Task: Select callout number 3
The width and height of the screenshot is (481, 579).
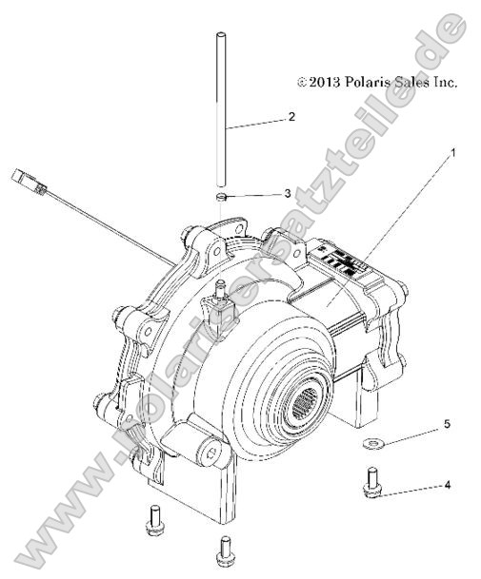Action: point(287,193)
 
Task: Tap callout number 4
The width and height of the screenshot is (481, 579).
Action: point(447,485)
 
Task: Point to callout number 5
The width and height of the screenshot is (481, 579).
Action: point(446,423)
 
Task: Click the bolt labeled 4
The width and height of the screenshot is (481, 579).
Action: point(370,482)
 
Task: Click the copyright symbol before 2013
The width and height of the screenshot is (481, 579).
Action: point(302,84)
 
